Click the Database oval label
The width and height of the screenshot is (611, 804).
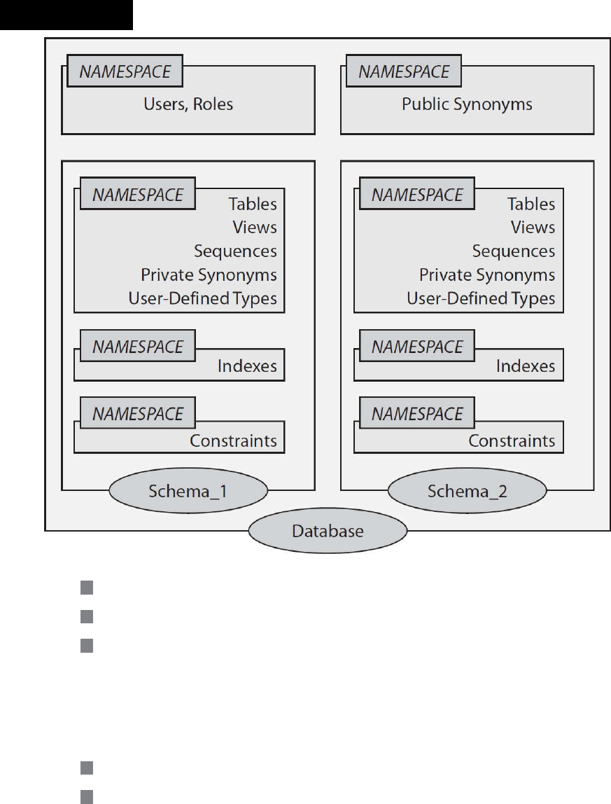coord(328,531)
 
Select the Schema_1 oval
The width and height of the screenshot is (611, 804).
coord(188,491)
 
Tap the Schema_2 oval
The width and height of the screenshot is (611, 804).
coord(467,491)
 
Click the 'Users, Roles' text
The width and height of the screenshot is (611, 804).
coord(188,104)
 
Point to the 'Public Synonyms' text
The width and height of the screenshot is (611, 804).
coord(467,104)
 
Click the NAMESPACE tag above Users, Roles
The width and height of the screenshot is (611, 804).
coord(125,71)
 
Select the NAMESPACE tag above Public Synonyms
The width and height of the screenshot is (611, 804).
coord(404,71)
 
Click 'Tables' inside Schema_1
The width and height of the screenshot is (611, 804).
coord(253,204)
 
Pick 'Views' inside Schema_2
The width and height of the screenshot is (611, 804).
coord(533,227)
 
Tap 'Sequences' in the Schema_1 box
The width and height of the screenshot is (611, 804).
coord(235,251)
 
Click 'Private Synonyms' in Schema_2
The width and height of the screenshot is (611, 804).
coord(487,275)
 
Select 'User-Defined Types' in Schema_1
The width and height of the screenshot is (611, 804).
coord(202,298)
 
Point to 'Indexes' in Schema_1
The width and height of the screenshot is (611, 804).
coord(247,366)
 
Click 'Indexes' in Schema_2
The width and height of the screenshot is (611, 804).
coord(526,366)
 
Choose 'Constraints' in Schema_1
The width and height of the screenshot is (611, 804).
coord(233,441)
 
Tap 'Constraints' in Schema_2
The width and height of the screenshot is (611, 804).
coord(512,441)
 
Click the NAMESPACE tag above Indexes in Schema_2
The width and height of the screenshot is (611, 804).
coord(416,346)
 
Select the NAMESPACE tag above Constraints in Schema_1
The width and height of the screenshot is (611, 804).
coord(138,413)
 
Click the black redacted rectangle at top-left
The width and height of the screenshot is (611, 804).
coord(66,15)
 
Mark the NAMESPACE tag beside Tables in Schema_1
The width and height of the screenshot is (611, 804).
coord(138,194)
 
